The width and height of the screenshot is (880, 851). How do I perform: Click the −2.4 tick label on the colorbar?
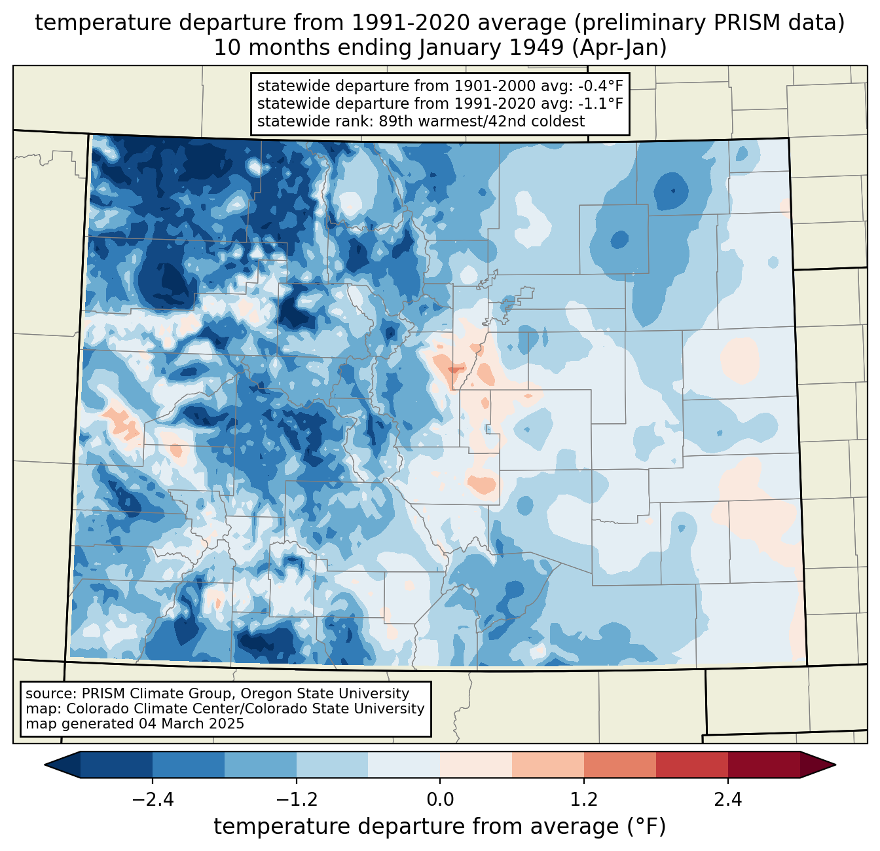153,800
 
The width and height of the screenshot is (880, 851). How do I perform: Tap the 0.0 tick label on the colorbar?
440,800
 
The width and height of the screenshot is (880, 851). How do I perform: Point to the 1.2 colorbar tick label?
584,800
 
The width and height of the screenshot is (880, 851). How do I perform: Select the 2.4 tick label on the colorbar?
727,800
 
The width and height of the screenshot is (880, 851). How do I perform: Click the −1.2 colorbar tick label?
296,800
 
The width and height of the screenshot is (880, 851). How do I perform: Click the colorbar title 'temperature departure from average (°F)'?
440,827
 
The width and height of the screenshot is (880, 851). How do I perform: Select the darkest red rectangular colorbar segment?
763,765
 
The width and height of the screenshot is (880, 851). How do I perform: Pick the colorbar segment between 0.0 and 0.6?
476,765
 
